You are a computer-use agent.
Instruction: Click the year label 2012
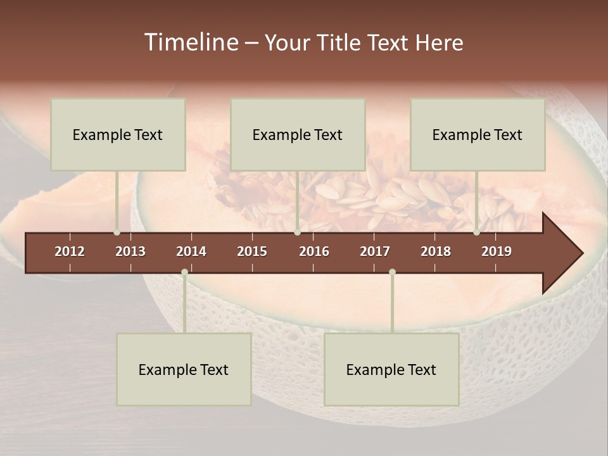pyautogui.click(x=70, y=251)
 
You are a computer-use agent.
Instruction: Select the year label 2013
pyautogui.click(x=130, y=251)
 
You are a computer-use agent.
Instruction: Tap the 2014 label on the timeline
pyautogui.click(x=191, y=251)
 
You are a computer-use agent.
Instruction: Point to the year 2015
pyautogui.click(x=252, y=251)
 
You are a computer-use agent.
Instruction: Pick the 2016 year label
pyautogui.click(x=314, y=251)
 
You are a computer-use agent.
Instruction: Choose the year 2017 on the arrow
pyautogui.click(x=375, y=251)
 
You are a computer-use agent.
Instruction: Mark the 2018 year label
pyautogui.click(x=436, y=251)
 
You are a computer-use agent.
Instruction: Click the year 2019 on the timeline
pyautogui.click(x=497, y=251)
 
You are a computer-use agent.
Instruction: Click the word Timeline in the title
pyautogui.click(x=191, y=42)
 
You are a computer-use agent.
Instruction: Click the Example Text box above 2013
pyautogui.click(x=118, y=134)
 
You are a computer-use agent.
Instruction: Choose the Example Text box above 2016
pyautogui.click(x=298, y=134)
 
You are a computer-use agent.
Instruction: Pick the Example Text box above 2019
pyautogui.click(x=478, y=134)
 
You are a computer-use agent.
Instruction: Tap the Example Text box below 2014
pyautogui.click(x=184, y=369)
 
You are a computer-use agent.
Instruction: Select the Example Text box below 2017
pyautogui.click(x=391, y=369)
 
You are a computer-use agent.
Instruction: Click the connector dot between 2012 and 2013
pyautogui.click(x=117, y=232)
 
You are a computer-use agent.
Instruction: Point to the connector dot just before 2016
pyautogui.click(x=297, y=232)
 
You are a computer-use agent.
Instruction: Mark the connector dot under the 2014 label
pyautogui.click(x=184, y=272)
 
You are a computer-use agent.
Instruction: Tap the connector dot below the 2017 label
pyautogui.click(x=392, y=272)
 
